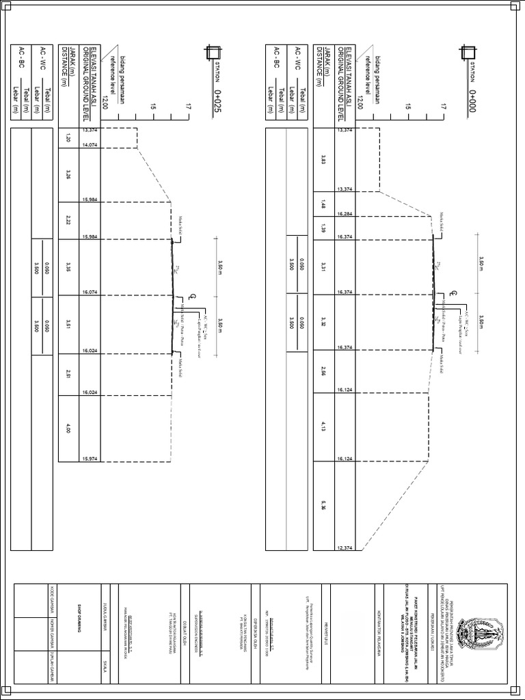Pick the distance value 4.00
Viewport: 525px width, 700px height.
click(x=68, y=429)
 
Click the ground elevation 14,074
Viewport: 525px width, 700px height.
click(x=90, y=145)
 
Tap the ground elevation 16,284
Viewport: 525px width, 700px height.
click(x=345, y=214)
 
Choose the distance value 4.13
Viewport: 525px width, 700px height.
click(x=323, y=426)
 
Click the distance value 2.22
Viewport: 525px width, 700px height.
click(x=68, y=219)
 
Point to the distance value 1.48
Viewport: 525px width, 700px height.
click(x=323, y=204)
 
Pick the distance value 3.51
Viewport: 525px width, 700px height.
click(x=68, y=324)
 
